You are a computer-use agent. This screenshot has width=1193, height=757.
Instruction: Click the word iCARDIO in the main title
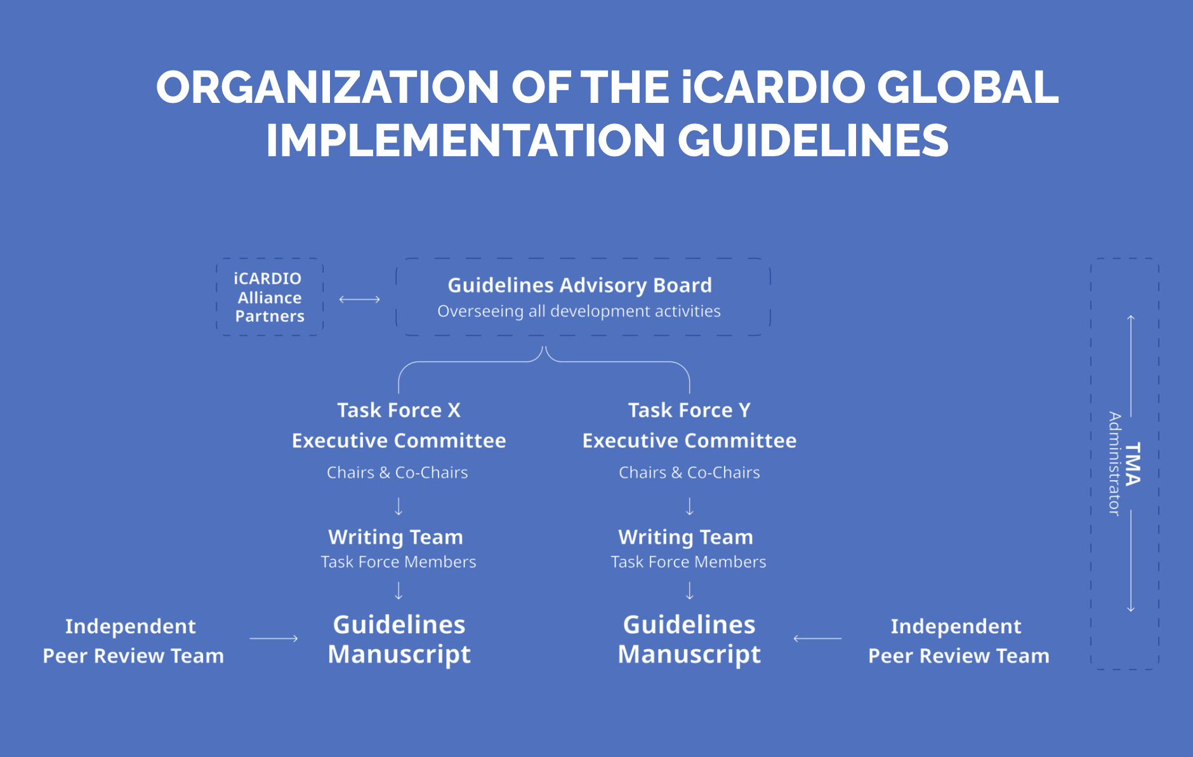click(774, 87)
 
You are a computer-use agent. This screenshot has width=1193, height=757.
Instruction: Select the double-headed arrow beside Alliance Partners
click(359, 299)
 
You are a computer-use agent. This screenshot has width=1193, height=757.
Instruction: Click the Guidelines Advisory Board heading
click(579, 285)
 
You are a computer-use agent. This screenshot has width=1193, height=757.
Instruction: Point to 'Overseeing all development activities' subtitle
click(579, 311)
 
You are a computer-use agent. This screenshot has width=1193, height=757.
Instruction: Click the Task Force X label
click(399, 410)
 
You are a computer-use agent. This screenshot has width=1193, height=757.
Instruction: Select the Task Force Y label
click(689, 410)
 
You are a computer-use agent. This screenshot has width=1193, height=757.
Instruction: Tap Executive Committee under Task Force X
click(399, 441)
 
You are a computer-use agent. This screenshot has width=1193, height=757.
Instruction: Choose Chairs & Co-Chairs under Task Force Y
click(689, 472)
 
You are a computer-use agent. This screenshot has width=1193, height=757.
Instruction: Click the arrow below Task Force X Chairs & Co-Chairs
click(399, 506)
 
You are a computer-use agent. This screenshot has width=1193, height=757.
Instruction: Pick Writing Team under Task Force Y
click(686, 537)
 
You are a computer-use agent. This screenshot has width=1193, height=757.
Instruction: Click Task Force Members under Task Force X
click(399, 562)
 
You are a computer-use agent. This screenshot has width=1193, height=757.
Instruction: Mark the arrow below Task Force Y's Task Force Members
click(690, 591)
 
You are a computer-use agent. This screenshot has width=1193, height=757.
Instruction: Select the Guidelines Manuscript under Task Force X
click(399, 640)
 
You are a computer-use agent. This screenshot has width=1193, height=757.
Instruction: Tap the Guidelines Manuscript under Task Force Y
click(689, 640)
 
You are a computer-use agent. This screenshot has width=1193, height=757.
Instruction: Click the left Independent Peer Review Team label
click(133, 641)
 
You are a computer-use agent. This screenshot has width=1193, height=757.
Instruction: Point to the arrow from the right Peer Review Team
click(817, 638)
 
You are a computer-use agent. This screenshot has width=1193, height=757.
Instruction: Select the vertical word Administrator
click(1114, 464)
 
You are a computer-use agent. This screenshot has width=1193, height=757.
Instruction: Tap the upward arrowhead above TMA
click(1131, 318)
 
